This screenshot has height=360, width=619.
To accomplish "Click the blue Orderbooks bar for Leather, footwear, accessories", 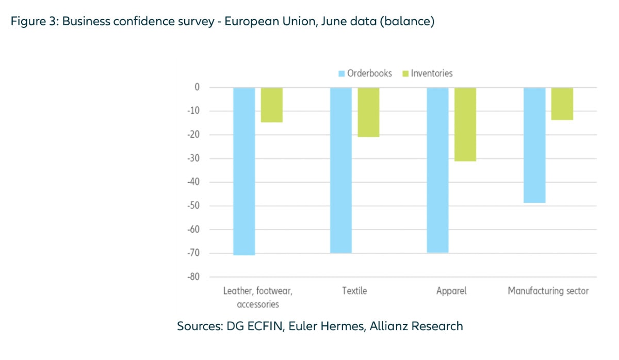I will pos(244,171).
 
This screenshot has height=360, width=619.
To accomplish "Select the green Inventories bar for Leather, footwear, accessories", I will pos(271,105).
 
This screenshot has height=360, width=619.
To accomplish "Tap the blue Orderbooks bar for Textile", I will pos(341,170).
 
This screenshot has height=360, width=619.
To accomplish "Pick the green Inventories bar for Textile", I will pos(368,112).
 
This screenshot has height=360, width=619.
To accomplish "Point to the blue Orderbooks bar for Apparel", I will pos(438,170).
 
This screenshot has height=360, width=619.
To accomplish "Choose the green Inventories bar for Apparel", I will pos(465,124).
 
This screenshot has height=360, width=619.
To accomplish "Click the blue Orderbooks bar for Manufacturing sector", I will pos(534,145).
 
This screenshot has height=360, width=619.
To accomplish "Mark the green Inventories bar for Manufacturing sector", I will pos(562,104).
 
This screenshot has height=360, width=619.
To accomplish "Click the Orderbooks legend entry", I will pos(365,73).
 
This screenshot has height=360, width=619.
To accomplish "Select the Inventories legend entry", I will pos(428,73).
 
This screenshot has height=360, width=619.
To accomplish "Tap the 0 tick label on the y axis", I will pos(197,87).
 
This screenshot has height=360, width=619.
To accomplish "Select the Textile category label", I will pos(354,291).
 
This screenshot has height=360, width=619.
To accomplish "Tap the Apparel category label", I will pos(451,291).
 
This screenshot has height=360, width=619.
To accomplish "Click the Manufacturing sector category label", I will pos(548,291).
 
